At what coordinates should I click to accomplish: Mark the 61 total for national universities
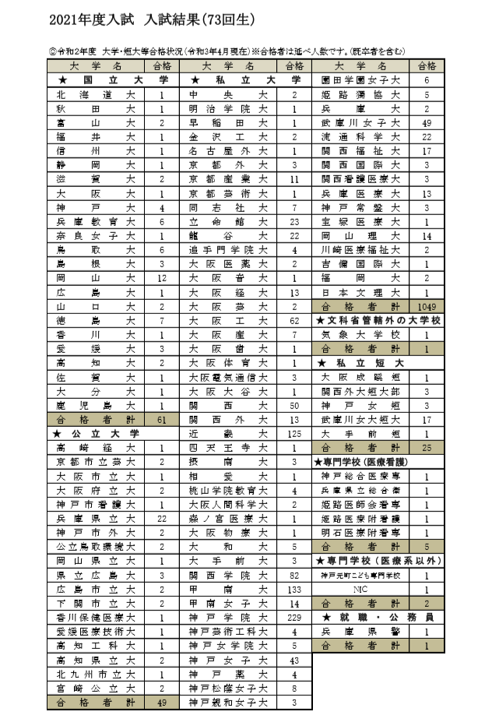pos(163,420)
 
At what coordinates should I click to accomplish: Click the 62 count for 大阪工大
pos(294,320)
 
